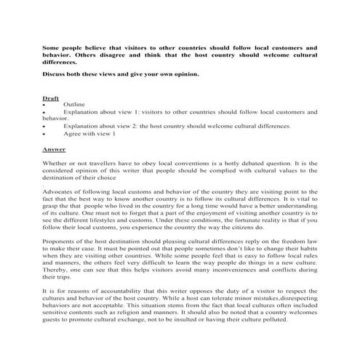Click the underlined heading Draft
(x=51, y=97)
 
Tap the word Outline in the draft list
(x=74, y=105)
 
